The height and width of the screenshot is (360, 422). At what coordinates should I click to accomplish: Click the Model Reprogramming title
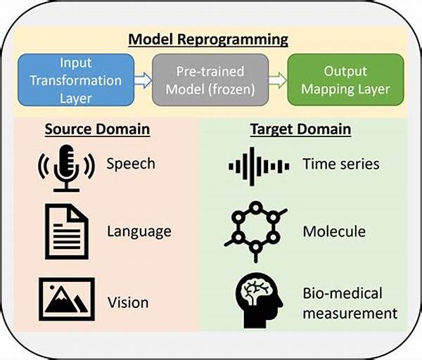[208, 39]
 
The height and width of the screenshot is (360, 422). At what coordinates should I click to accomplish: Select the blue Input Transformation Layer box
[76, 79]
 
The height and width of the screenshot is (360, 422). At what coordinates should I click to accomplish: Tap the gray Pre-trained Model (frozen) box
[210, 79]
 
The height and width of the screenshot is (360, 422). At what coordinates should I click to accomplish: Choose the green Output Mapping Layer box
[345, 79]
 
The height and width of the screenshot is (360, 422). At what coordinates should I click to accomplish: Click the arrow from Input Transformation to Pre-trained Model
[143, 80]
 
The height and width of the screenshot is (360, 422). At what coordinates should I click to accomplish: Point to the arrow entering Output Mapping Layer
[278, 80]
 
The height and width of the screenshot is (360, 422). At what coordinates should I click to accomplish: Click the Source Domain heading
[97, 129]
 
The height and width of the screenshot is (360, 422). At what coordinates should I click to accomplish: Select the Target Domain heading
[300, 129]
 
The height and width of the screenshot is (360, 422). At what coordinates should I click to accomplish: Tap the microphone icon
[66, 169]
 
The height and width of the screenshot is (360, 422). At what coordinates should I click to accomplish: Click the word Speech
[131, 164]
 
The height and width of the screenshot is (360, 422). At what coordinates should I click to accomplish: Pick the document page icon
[67, 231]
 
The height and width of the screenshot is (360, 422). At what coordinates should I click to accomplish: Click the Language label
[139, 231]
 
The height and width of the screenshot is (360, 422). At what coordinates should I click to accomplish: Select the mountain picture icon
[67, 300]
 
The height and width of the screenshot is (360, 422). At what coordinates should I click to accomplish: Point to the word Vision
[128, 302]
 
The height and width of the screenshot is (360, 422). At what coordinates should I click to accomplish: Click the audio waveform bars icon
[259, 167]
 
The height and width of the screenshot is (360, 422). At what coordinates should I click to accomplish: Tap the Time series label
[341, 164]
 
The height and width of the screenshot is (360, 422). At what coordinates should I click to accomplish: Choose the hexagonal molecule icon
[256, 231]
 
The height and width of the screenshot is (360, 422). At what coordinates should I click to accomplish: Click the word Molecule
[334, 231]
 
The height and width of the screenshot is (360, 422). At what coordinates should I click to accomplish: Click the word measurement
[350, 314]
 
